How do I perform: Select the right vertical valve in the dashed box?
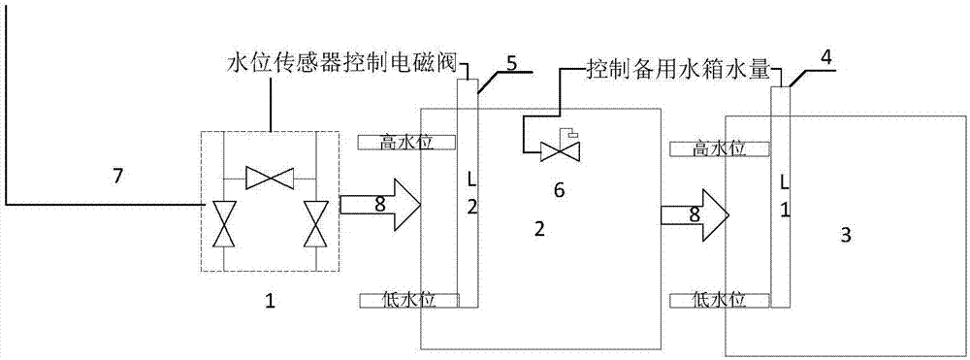(314, 225)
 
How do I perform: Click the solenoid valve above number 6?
(557, 149)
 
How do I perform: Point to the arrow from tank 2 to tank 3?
(693, 213)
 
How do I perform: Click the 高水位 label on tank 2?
(406, 143)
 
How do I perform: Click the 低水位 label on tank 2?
(408, 300)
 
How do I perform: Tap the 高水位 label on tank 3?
(719, 149)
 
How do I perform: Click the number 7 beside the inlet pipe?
(118, 176)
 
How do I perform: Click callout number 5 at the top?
(512, 68)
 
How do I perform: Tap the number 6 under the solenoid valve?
(559, 190)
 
